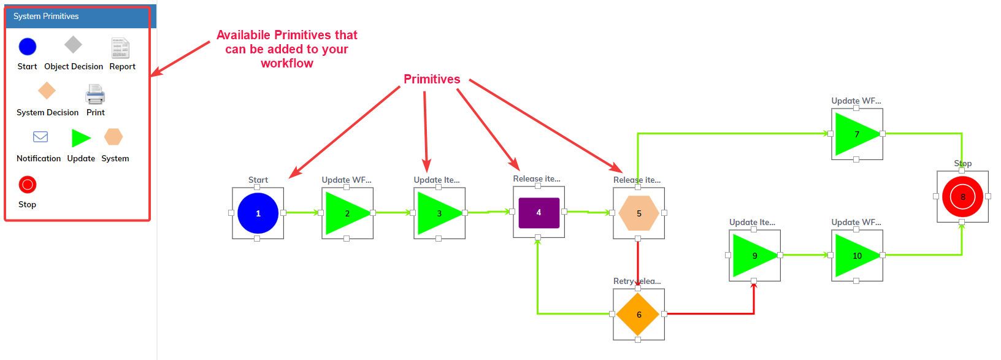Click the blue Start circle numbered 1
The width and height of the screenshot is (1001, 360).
258,213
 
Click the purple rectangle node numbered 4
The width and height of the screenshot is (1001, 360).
539,212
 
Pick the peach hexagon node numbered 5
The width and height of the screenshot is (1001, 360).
639,213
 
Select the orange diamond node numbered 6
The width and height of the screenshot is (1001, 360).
639,315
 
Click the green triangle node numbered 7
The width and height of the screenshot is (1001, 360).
856,134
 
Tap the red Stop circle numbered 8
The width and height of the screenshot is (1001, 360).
962,197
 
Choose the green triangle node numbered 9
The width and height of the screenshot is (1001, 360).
753,256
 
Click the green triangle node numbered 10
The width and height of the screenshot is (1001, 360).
856,256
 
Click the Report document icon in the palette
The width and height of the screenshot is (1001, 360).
120,48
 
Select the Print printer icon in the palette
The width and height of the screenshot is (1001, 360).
95,94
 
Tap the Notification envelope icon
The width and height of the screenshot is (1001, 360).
40,137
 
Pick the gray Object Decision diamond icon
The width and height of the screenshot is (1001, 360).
73,45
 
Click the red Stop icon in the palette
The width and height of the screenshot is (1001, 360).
28,185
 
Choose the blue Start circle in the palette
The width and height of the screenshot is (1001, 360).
28,47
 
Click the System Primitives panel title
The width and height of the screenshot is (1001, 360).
46,17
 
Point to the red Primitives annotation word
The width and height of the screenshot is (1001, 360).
432,79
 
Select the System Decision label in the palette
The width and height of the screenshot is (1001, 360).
47,112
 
